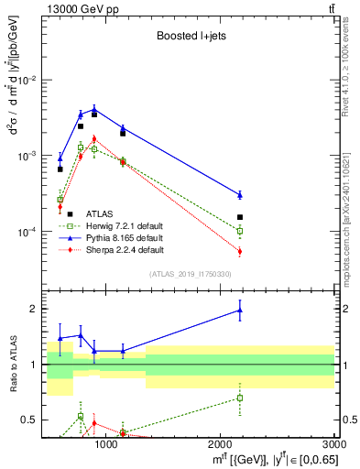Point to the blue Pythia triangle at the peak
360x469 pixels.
[x=93, y=109]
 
